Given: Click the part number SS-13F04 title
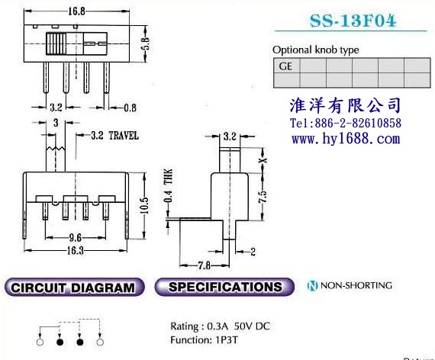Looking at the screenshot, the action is [x=353, y=21].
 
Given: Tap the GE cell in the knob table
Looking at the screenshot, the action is [x=287, y=66].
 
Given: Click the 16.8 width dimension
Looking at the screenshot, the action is [x=76, y=11].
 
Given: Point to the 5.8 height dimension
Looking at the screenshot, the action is [x=147, y=43].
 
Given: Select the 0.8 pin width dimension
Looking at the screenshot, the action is [x=130, y=108].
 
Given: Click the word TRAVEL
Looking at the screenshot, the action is [x=124, y=136].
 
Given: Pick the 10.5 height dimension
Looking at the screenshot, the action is [x=144, y=205].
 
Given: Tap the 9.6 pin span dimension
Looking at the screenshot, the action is [x=76, y=237].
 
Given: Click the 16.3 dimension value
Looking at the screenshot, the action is [x=76, y=250].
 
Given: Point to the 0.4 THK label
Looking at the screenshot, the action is [x=169, y=185].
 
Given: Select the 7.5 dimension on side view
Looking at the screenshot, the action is [x=263, y=196].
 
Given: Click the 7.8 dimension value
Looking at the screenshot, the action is [x=205, y=265].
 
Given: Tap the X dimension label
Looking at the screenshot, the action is [x=263, y=160].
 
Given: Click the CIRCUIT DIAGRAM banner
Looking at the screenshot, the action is [x=74, y=288].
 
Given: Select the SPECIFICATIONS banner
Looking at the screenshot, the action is [x=224, y=287].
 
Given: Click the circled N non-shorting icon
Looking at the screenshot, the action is [x=312, y=285].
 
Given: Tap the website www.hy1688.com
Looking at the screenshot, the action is [x=346, y=138].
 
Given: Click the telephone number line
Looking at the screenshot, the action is [x=346, y=123].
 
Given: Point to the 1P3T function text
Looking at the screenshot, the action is [x=227, y=340].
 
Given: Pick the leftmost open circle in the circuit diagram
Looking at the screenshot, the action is [x=40, y=342].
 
